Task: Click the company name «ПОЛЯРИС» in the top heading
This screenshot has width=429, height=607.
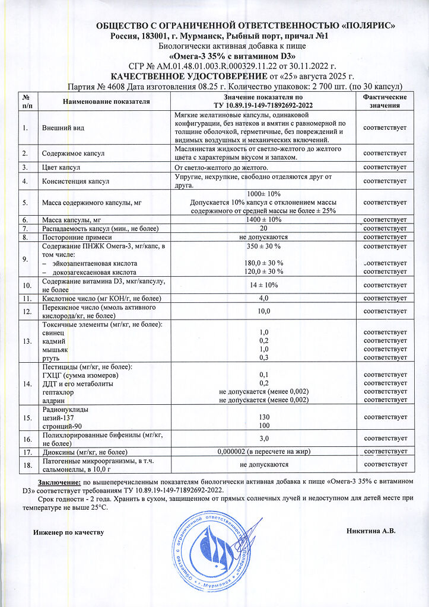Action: point(363,25)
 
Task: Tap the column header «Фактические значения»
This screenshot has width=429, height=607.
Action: point(384,101)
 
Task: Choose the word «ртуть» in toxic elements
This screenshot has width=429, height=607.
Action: point(51,357)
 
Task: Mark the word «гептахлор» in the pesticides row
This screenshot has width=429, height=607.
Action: point(58,392)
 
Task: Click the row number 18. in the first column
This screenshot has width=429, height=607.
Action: point(26,465)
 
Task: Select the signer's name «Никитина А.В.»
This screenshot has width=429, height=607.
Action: point(371,531)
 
